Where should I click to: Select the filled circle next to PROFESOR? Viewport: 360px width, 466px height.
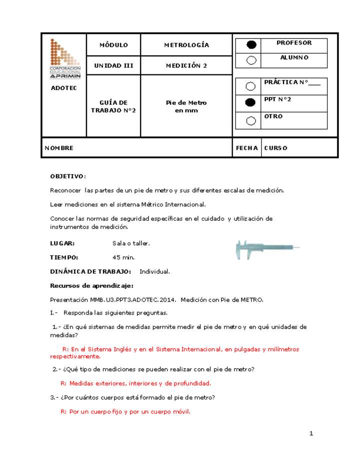(x=251, y=45)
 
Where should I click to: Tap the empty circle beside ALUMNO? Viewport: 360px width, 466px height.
(x=251, y=60)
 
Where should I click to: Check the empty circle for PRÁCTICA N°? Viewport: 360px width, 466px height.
(x=251, y=86)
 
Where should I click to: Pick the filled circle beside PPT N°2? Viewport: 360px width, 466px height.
(x=251, y=102)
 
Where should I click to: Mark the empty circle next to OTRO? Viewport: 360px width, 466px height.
(x=251, y=120)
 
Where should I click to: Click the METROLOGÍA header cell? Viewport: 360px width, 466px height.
(x=186, y=45)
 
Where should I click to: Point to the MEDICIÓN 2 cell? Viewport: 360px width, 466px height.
(x=186, y=65)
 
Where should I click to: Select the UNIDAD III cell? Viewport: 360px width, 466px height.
(x=113, y=65)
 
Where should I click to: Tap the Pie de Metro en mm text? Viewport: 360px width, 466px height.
(x=186, y=106)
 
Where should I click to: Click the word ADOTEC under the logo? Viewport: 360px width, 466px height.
(x=64, y=88)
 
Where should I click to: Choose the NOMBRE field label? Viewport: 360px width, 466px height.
(x=59, y=148)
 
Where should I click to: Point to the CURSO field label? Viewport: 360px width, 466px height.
(x=275, y=148)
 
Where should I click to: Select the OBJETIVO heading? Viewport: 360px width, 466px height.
(x=68, y=176)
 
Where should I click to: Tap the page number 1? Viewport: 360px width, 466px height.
(x=311, y=433)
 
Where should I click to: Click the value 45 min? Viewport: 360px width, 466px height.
(x=123, y=257)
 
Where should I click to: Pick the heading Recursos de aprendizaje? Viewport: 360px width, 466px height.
(x=84, y=285)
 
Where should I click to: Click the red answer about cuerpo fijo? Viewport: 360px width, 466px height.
(x=125, y=412)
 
